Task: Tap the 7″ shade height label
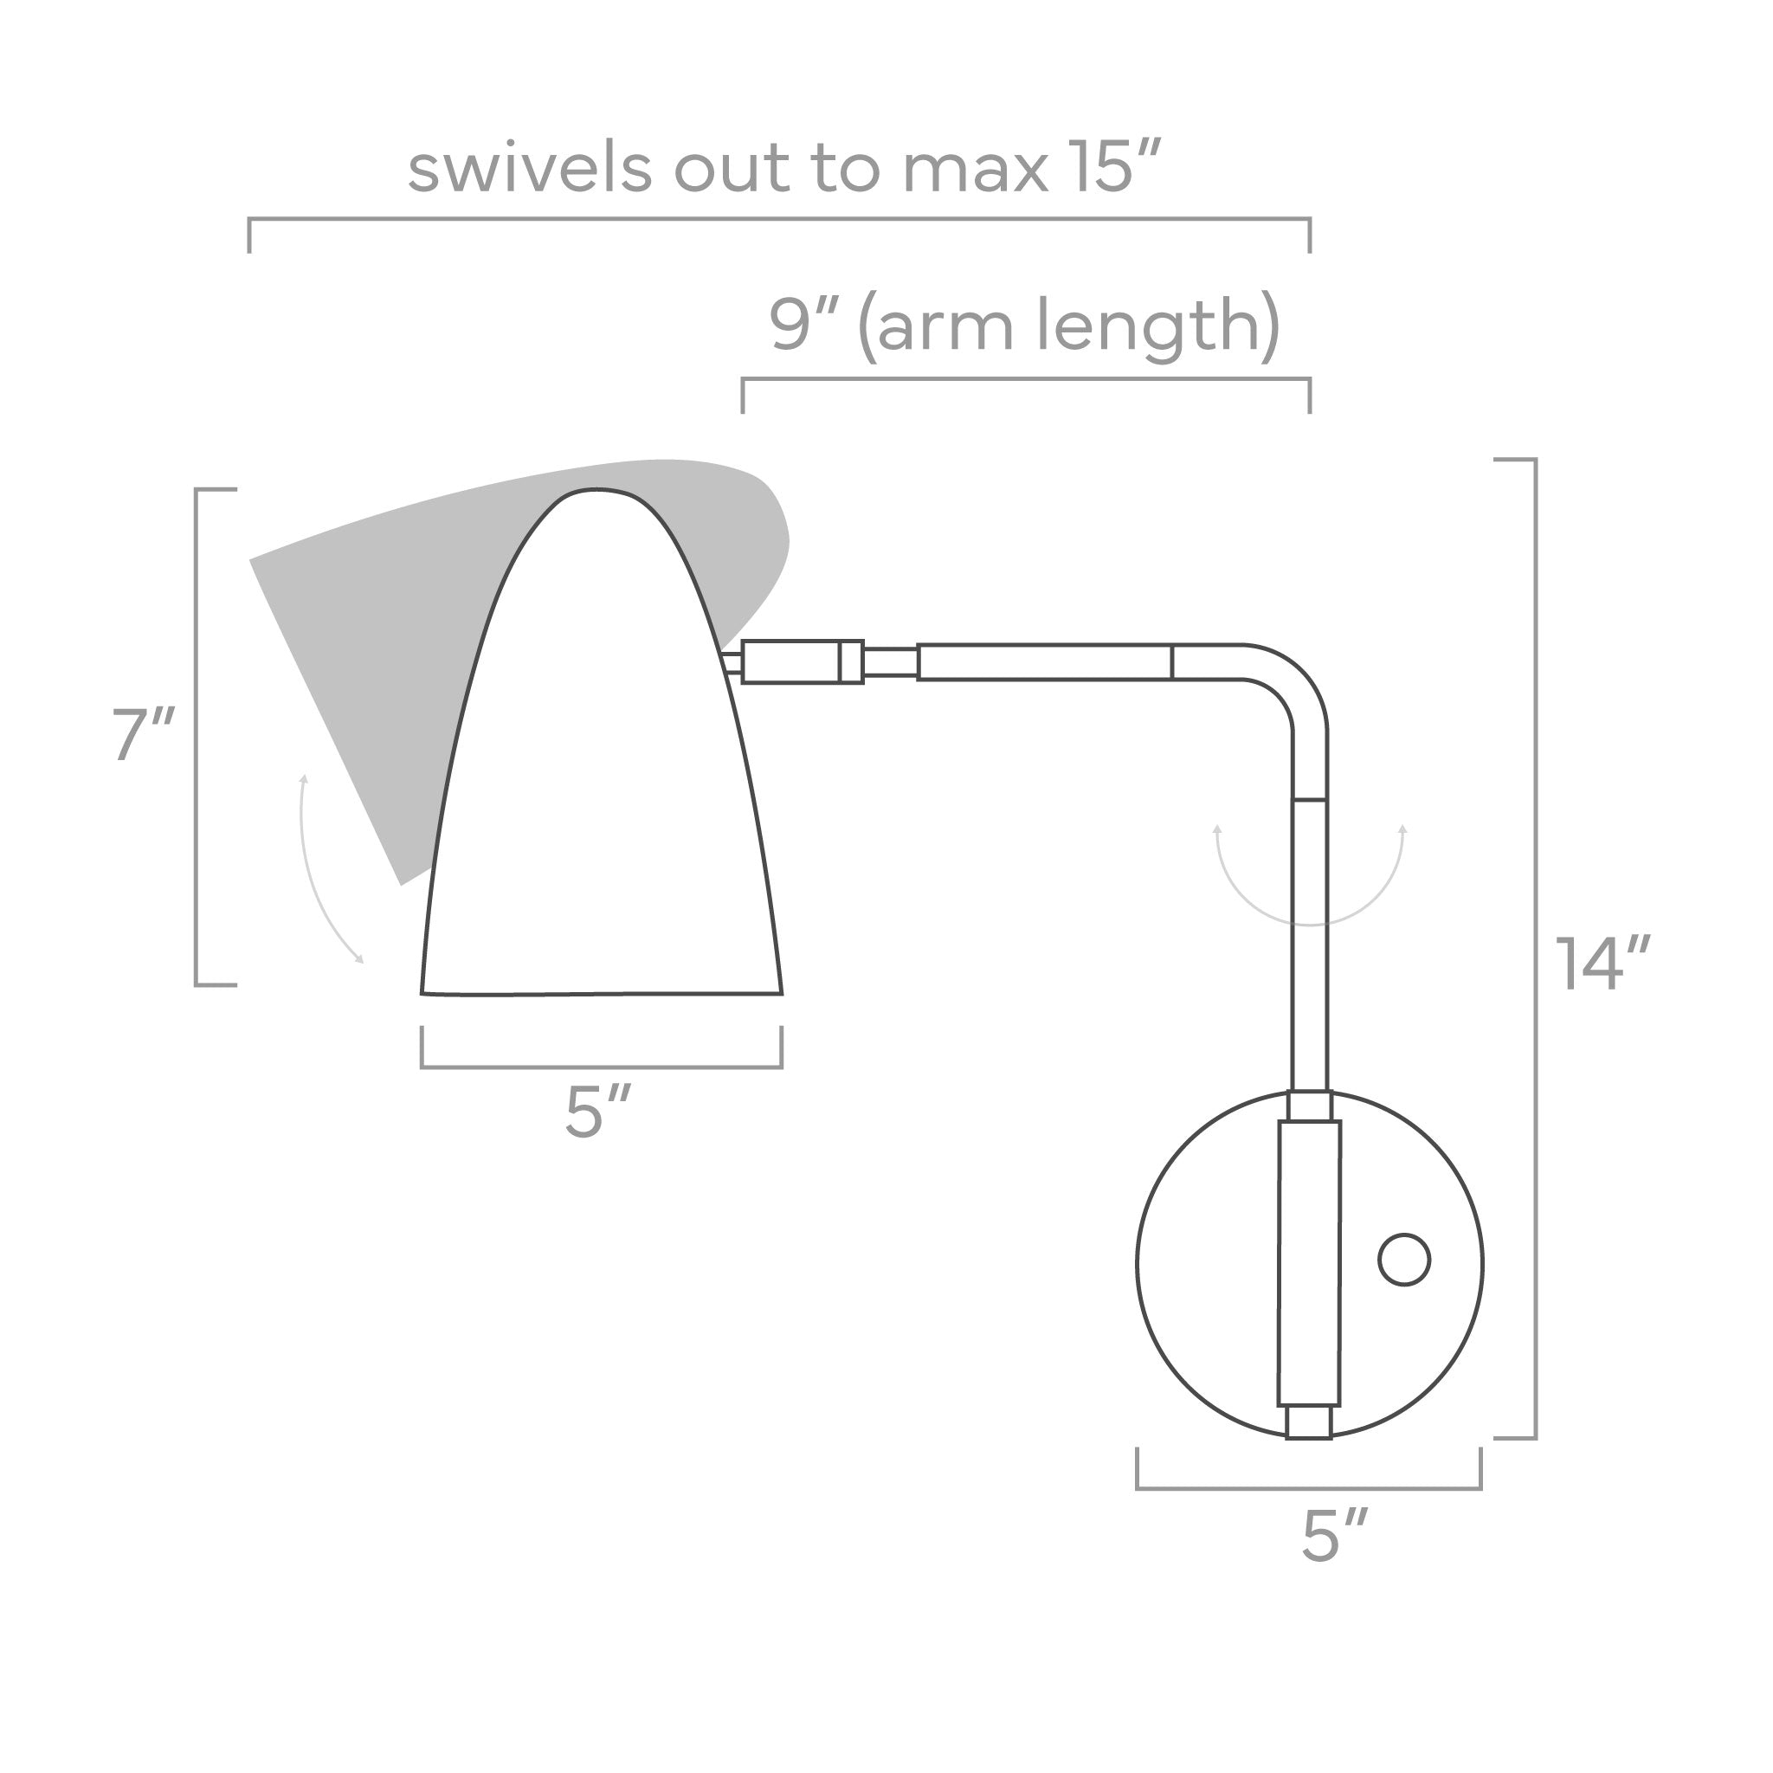pos(143,734)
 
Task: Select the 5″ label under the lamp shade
pos(597,1112)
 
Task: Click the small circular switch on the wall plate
pos(1404,1260)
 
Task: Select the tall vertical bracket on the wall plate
pos(1310,1263)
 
